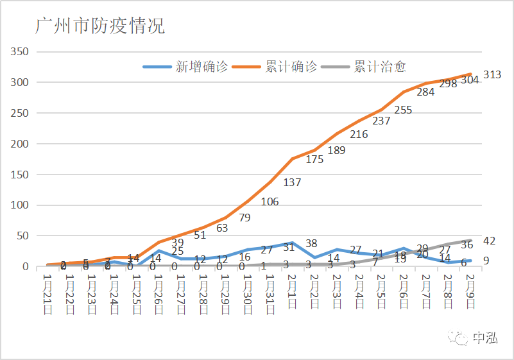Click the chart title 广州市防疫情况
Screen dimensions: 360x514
pos(100,26)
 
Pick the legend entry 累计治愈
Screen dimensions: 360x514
pos(380,67)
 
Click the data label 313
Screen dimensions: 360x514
pos(492,75)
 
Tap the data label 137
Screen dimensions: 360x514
pos(292,183)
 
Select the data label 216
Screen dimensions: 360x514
pos(359,134)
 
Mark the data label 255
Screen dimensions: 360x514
pos(403,110)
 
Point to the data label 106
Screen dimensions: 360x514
pos(270,202)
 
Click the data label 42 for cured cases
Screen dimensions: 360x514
pos(490,241)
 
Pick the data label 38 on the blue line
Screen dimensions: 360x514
pos(311,244)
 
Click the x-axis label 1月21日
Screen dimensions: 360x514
pos(47,294)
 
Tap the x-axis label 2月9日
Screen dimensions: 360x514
pos(470,291)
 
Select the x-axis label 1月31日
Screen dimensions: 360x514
pos(270,294)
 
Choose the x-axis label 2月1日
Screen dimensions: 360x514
pos(292,291)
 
